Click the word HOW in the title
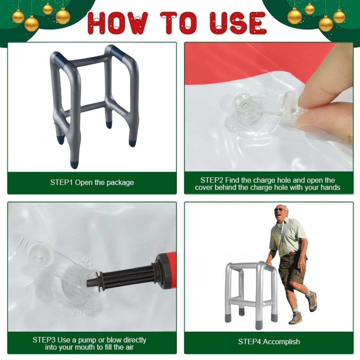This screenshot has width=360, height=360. coord(118,23)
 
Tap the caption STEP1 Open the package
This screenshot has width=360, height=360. coord(92,182)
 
